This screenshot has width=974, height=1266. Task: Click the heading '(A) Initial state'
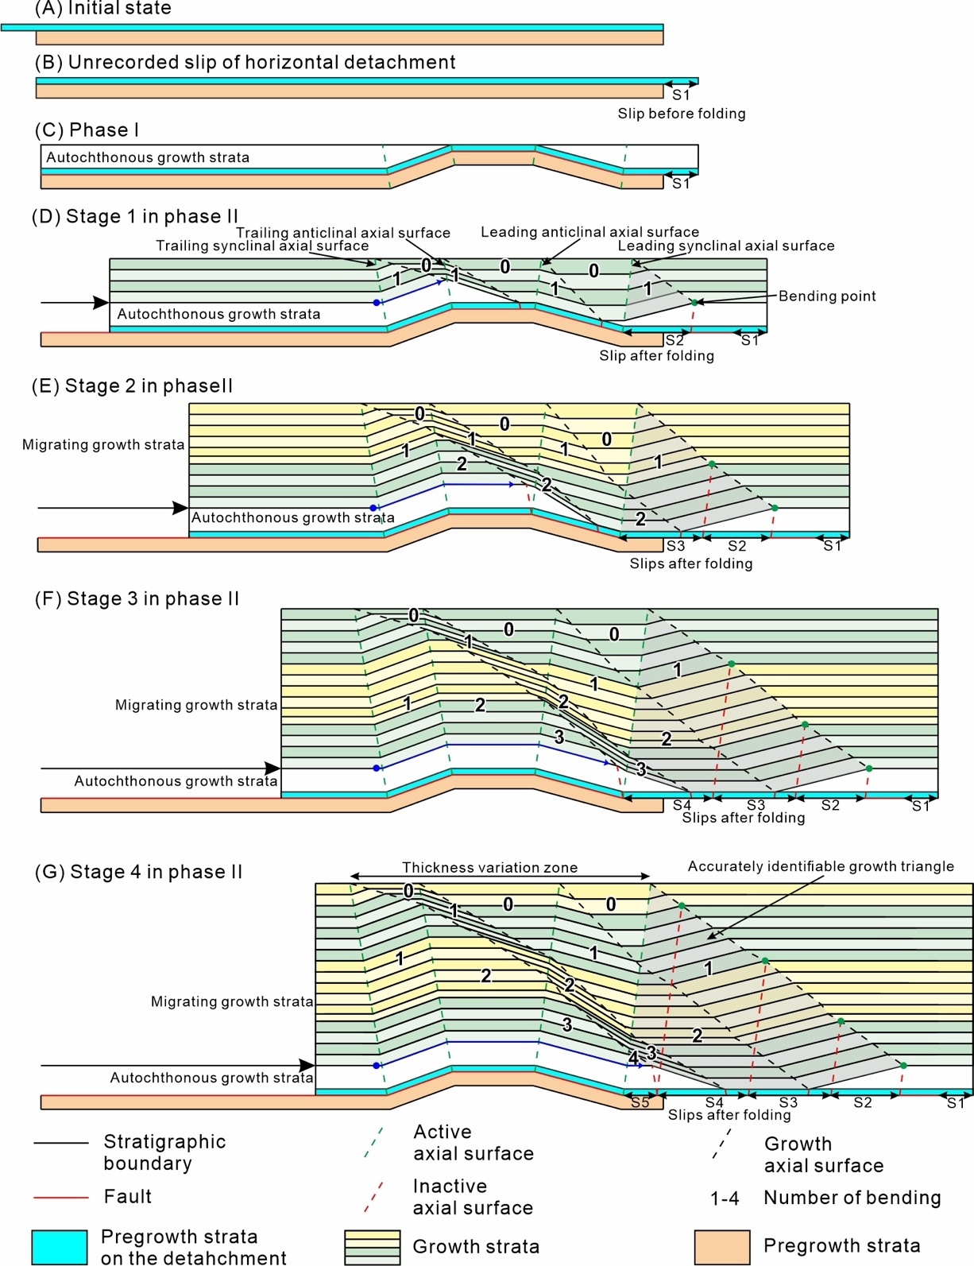(103, 10)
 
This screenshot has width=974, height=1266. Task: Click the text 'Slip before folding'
(682, 114)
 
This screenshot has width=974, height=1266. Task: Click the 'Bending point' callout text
(827, 296)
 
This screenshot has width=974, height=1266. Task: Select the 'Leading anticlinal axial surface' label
(590, 232)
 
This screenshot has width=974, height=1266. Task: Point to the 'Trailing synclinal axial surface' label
(262, 246)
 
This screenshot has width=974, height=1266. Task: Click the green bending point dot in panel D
(694, 303)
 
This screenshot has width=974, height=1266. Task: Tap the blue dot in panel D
(377, 303)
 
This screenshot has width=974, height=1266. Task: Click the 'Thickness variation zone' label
(490, 868)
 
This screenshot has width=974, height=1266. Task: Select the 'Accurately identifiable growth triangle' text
(821, 866)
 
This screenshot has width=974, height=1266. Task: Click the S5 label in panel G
(640, 1103)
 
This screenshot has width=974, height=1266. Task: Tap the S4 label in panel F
(682, 805)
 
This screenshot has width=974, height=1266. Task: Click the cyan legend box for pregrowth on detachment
(60, 1246)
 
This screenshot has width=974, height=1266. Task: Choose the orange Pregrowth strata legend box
(721, 1246)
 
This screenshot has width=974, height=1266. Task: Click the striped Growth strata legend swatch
(372, 1246)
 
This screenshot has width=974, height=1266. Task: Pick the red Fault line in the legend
(60, 1197)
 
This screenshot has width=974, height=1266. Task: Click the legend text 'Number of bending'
(852, 1198)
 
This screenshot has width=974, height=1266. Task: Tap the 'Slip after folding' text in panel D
(656, 356)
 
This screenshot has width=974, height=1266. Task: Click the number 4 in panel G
(633, 1059)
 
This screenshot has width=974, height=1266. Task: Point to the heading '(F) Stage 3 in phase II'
(137, 598)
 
